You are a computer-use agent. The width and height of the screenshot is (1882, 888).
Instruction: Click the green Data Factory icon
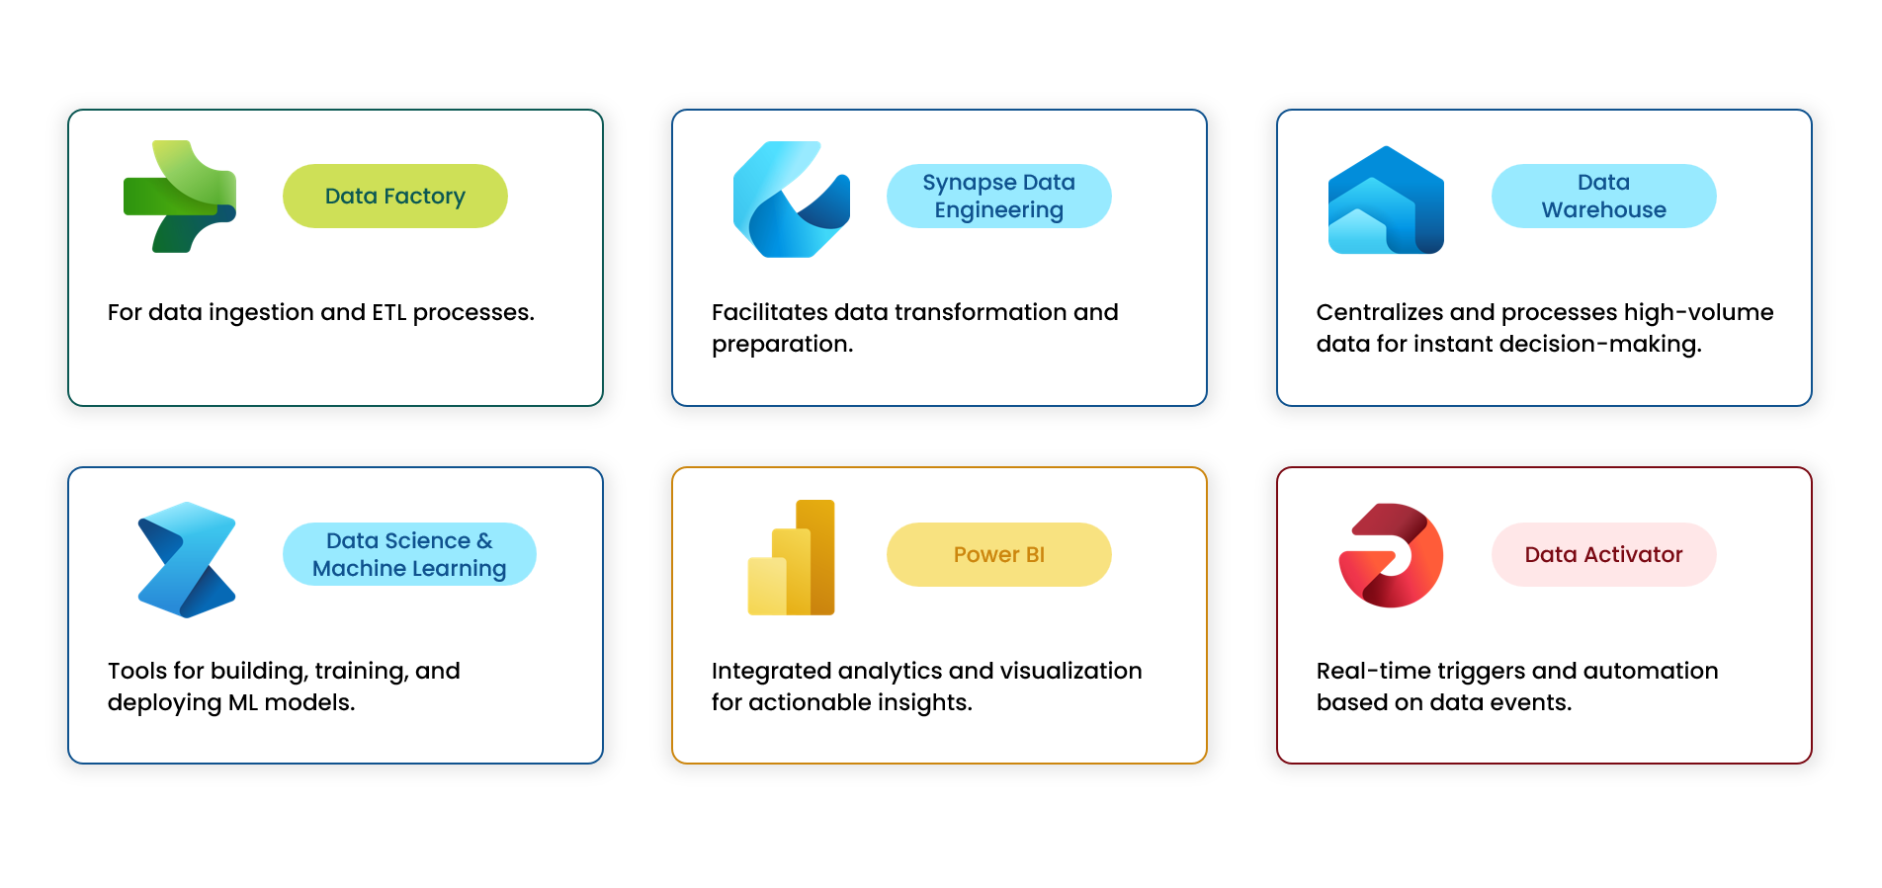[180, 197]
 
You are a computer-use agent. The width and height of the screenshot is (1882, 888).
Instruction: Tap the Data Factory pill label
[395, 197]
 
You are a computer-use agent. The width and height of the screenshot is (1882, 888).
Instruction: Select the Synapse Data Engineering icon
[791, 199]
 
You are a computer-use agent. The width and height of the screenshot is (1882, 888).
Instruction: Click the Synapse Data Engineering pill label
[998, 197]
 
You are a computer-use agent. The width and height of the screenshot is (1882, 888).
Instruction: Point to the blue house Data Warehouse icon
[1386, 200]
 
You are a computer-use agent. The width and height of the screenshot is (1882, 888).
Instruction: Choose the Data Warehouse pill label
[1603, 197]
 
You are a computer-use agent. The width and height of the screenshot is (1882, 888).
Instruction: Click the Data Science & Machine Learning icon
[187, 559]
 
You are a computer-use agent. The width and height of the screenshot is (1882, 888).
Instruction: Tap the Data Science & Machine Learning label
[409, 554]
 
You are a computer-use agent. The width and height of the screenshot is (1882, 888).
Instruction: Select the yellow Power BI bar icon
[792, 558]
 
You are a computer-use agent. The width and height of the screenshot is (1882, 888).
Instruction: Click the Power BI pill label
[998, 555]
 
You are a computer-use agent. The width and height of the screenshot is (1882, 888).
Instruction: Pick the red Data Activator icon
[1391, 555]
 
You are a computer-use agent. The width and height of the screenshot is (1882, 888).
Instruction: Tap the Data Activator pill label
[1603, 555]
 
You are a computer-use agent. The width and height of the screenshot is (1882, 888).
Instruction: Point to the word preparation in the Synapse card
[781, 345]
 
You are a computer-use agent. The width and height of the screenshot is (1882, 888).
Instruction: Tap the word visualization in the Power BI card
[1070, 672]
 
